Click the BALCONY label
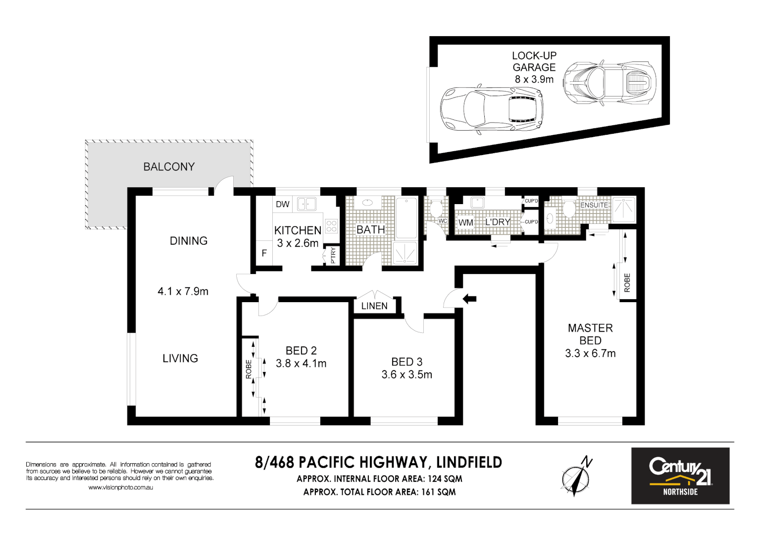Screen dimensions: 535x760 pos(169,167)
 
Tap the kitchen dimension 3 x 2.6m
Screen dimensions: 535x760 pos(298,243)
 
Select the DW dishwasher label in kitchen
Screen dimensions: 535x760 pos(283,204)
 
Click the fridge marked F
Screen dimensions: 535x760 pos(264,253)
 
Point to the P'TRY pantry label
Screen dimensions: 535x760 pos(333,255)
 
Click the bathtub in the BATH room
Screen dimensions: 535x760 pos(407,217)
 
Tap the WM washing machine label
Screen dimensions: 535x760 pos(465,222)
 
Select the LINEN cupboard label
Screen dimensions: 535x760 pos(374,306)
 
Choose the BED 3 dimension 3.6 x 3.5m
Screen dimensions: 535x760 pos(406,375)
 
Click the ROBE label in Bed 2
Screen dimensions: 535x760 pos(249,369)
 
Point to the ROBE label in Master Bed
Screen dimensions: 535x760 pos(627,282)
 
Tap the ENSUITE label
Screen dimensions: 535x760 pos(594,205)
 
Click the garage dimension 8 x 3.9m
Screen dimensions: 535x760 pos(534,79)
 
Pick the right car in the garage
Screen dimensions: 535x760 pos(610,83)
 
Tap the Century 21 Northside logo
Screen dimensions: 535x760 pos(680,476)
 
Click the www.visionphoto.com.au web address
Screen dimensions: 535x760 pos(120,487)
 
